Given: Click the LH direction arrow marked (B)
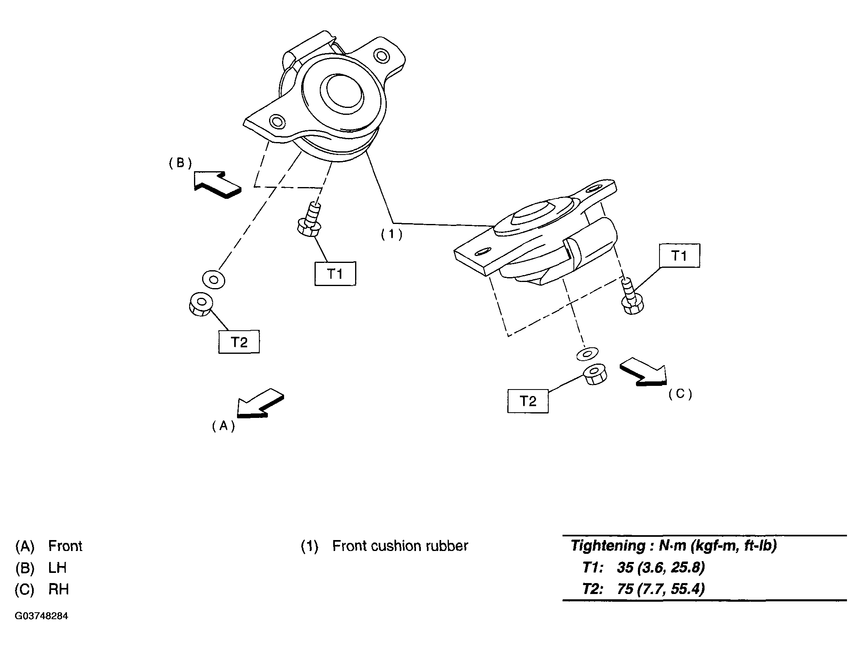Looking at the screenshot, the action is click(217, 185).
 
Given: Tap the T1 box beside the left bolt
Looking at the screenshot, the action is click(335, 274).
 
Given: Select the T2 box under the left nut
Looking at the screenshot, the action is click(239, 342).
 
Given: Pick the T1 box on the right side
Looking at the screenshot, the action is click(679, 255).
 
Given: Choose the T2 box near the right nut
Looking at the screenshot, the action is click(528, 401).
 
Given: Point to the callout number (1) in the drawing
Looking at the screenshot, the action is click(392, 235).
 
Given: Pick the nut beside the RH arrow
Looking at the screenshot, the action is click(595, 376).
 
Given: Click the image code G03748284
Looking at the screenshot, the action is click(41, 616).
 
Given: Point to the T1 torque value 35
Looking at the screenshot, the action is click(625, 567).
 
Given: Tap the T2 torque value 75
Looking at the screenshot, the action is click(625, 589).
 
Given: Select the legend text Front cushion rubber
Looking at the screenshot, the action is click(400, 546).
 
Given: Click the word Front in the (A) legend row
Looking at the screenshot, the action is click(65, 546).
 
